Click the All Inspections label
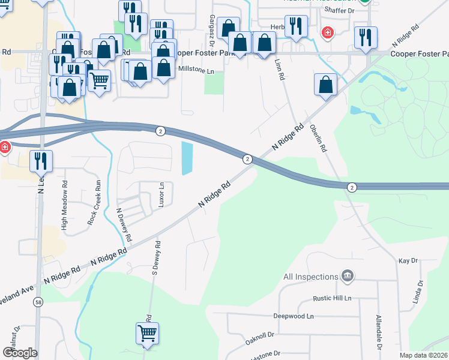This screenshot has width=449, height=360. point(310,277)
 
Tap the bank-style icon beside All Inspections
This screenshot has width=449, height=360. point(346,276)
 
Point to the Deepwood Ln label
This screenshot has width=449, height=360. point(294,316)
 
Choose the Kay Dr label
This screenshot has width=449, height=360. point(408,261)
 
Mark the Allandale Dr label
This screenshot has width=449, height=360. point(379,331)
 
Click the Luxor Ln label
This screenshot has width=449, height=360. point(161,195)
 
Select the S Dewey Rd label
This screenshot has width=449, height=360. point(155,258)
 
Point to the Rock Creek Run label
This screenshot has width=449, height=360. point(94,202)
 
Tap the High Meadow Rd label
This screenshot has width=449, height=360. point(64,206)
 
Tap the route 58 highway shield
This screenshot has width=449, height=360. point(38,302)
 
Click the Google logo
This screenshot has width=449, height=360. point(20,353)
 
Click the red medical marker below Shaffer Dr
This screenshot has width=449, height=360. point(328,32)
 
